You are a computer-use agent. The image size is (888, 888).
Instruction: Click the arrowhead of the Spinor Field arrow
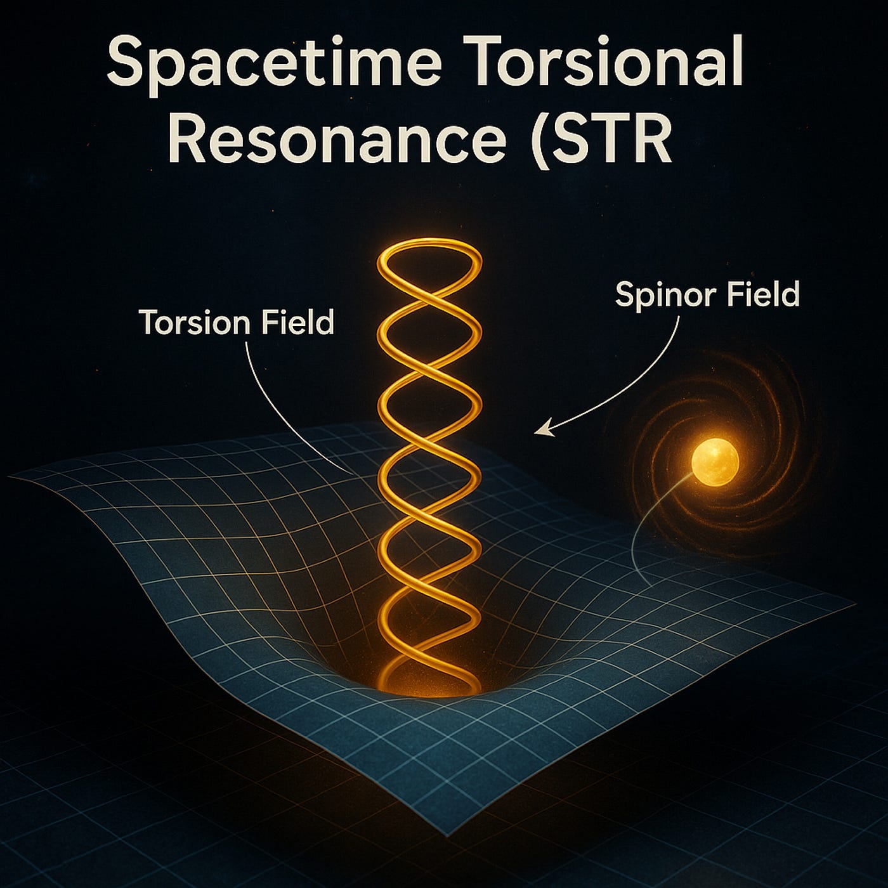click(x=544, y=428)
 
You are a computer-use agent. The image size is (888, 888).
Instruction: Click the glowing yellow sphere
click(x=715, y=462)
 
